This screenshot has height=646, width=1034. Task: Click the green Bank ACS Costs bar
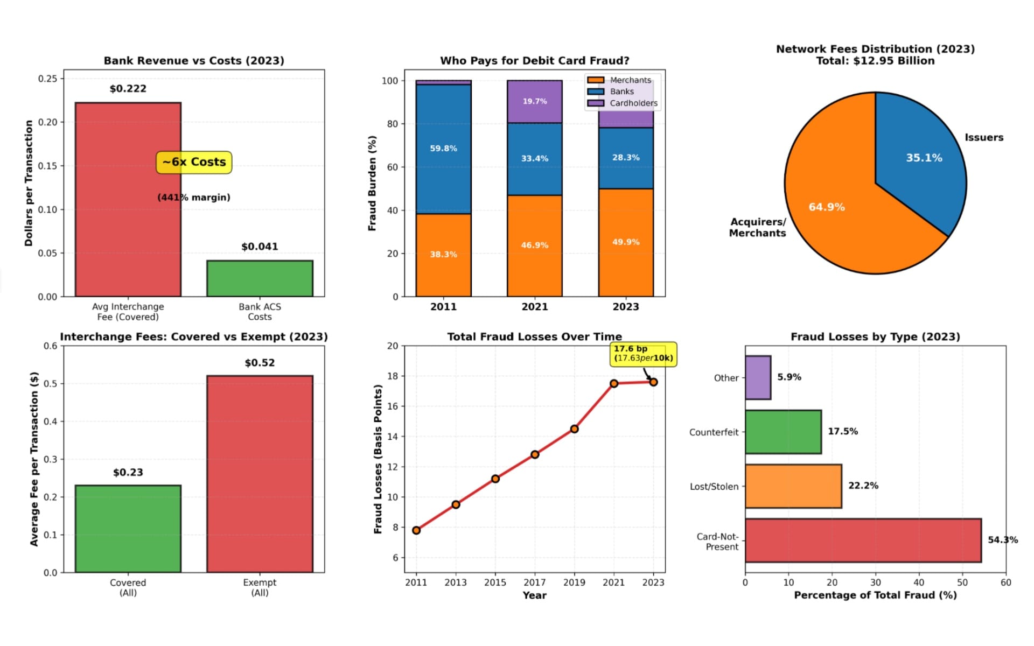pos(260,278)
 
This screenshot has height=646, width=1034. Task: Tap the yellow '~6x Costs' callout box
pos(194,162)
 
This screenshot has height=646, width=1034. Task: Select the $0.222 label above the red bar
pos(128,89)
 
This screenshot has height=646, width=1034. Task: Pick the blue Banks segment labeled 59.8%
pos(443,149)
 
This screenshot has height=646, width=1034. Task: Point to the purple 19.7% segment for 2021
pos(534,101)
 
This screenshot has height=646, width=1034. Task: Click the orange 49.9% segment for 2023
pos(626,242)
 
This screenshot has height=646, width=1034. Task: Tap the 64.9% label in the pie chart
pos(827,207)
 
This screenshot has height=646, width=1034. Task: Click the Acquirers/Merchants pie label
pos(757,227)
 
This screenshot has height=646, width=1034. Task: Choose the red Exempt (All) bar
pos(260,474)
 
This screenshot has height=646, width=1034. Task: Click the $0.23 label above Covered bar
pos(128,473)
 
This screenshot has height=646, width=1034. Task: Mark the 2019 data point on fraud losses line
pos(574,429)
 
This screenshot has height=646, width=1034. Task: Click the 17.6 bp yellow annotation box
pos(643,354)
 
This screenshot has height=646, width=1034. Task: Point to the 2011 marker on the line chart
pos(416,530)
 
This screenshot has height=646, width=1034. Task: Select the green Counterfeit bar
pos(783,432)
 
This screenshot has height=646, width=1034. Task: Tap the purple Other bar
pos(758,377)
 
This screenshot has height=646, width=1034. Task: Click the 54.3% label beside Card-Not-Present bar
pos(1002,540)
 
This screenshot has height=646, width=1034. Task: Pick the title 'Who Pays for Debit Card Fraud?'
pos(534,61)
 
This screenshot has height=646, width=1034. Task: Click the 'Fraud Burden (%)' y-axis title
pos(372,183)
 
